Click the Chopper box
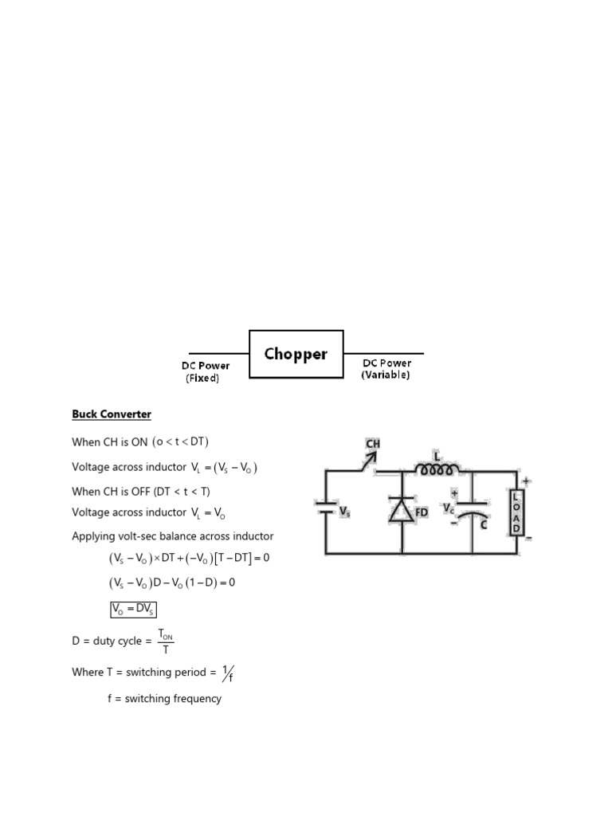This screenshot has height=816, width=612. point(296,354)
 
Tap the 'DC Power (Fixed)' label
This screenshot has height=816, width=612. point(206,371)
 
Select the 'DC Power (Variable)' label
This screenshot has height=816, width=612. point(386,369)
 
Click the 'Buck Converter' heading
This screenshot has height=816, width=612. point(112,414)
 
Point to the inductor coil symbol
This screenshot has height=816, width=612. point(437,469)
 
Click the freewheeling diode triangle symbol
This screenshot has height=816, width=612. point(402,509)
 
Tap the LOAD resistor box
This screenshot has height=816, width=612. point(516,512)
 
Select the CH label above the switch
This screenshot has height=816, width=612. point(373,444)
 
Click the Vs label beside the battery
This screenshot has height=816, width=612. point(344,512)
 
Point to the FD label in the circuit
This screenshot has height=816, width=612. point(422,512)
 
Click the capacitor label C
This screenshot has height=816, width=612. point(484,524)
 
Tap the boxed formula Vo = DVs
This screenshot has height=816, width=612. point(133,609)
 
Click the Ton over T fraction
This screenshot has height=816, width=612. point(166,641)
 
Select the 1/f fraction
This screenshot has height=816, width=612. point(228,673)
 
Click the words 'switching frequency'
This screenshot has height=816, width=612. point(173,699)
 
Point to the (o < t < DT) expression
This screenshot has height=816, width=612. point(180,441)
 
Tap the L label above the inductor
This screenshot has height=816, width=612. point(437,457)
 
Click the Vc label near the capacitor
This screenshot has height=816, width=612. point(448,508)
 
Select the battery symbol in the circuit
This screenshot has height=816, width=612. point(326,508)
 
